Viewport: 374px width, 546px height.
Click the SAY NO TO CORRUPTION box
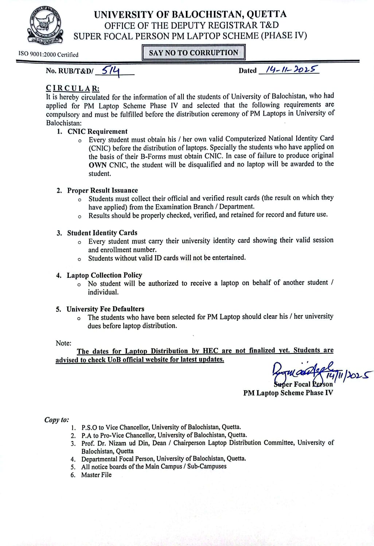pyautogui.click(x=193, y=52)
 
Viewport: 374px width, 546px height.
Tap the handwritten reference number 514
pyautogui.click(x=111, y=70)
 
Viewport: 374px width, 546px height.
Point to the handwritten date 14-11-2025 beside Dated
pyautogui.click(x=292, y=69)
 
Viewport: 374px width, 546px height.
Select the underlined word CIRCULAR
pyautogui.click(x=72, y=89)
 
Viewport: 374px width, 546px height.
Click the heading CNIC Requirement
pyautogui.click(x=97, y=132)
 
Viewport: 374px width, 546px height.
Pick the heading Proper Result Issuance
pyautogui.click(x=102, y=190)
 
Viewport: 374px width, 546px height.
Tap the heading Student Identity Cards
pyautogui.click(x=102, y=233)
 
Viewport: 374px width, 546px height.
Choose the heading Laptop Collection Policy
pyautogui.click(x=104, y=275)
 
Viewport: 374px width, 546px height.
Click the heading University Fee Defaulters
pyautogui.click(x=105, y=309)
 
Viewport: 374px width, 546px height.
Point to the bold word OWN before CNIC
pyautogui.click(x=98, y=165)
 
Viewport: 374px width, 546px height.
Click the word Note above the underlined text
pyautogui.click(x=63, y=343)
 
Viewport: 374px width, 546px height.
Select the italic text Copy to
pyautogui.click(x=57, y=420)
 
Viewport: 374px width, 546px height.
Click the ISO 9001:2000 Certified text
pyautogui.click(x=48, y=55)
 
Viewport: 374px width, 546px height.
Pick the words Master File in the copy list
pyautogui.click(x=96, y=475)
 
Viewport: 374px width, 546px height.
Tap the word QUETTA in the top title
pyautogui.click(x=266, y=15)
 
